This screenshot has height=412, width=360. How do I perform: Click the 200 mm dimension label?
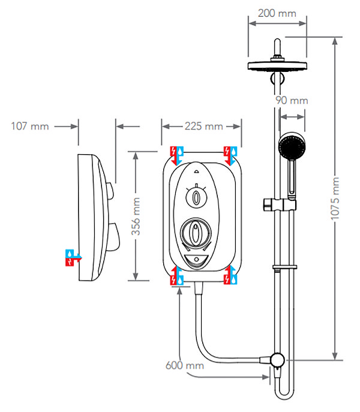[277, 13]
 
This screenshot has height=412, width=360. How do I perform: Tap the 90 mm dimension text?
[292, 100]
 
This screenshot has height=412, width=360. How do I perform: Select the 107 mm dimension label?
[30, 126]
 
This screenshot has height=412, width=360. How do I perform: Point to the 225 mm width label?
[204, 126]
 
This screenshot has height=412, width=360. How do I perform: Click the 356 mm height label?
[136, 216]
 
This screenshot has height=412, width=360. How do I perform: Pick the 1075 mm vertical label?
[335, 198]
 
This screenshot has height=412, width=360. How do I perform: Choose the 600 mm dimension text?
[185, 365]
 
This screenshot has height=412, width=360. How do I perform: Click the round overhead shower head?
[277, 66]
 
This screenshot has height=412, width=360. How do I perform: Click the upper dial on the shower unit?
[196, 197]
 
